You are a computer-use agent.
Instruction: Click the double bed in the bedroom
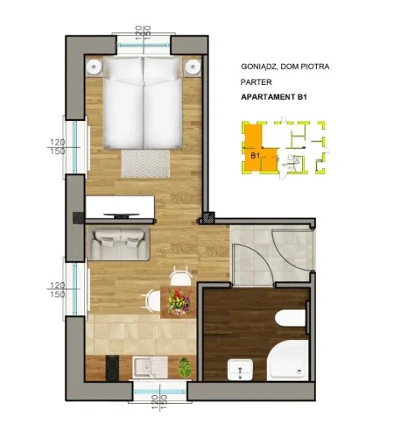coord(143,102)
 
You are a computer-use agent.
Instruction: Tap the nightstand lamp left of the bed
coord(94,67)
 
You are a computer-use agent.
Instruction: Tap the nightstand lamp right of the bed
coord(193,67)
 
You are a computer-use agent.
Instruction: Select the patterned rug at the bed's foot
coord(145,164)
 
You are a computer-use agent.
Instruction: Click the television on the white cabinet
coord(122,215)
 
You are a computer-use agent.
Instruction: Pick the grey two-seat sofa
coord(118,244)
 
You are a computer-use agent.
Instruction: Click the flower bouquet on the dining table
coord(179,302)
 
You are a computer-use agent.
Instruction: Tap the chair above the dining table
coord(181,276)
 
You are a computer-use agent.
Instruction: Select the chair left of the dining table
coord(151,300)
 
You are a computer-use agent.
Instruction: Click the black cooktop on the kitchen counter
coord(112,368)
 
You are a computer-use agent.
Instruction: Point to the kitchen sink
coord(150,368)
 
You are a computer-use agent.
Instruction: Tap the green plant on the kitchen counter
coord(185,367)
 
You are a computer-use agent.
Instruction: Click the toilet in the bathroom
coord(291,318)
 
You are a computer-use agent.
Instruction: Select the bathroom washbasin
coord(240,370)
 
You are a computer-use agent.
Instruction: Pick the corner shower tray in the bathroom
coord(288,360)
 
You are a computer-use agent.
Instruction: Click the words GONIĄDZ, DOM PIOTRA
coord(285,67)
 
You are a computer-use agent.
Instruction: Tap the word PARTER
coord(256,82)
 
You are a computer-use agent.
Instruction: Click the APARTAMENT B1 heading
coord(274,97)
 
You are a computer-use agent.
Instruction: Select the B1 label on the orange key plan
coord(255,156)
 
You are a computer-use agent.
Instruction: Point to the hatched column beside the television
coord(79,218)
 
